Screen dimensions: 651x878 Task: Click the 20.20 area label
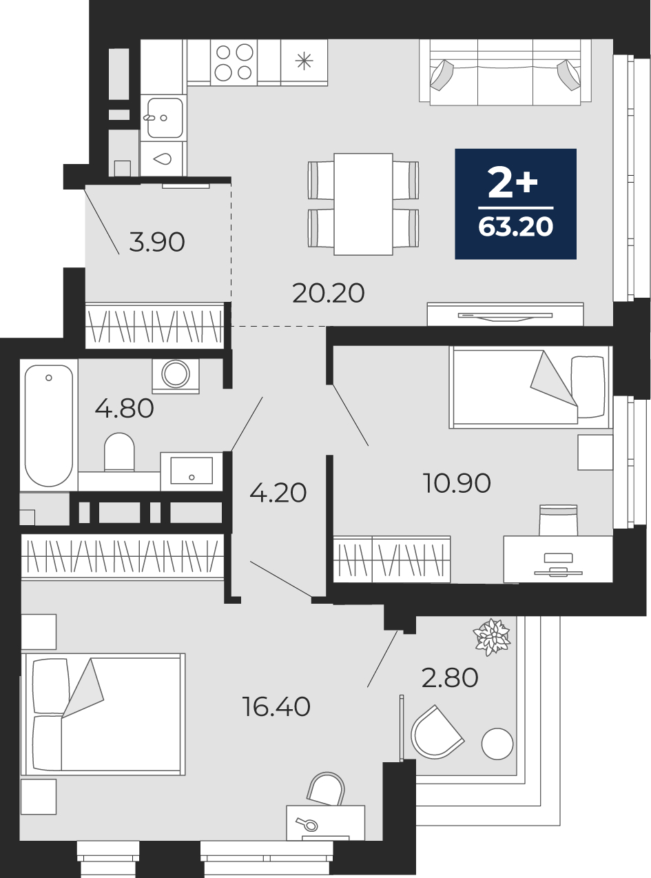coord(329,294)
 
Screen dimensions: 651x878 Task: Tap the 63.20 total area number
coord(515,227)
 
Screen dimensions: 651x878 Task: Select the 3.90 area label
coord(157,243)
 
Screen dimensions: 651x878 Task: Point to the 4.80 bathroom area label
coord(124,409)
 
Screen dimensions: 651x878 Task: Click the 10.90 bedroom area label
coord(457,483)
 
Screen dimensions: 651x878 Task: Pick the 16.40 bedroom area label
coord(276,707)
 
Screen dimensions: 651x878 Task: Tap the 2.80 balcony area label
coord(450,677)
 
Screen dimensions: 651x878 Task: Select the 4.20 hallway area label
coord(278,493)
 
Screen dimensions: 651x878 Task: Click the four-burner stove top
coord(234,62)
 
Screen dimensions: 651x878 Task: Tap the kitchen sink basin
coord(165,118)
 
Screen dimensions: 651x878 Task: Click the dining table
coord(363,204)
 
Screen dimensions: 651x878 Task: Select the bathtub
coord(49,425)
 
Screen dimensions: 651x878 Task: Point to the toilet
coord(119,452)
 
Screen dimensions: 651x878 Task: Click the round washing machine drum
coord(175,374)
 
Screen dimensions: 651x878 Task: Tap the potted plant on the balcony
coord(493,637)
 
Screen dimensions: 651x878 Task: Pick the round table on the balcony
coord(497,744)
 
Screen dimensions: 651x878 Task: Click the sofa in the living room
coord(506,72)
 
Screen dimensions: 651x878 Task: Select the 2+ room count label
coord(513,182)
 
